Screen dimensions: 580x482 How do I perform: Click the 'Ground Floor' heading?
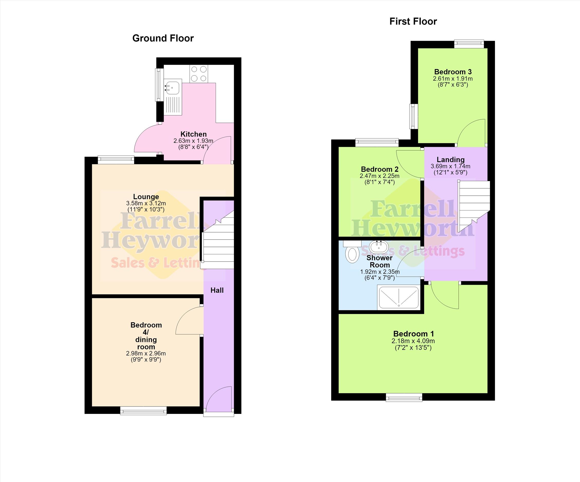click(x=163, y=38)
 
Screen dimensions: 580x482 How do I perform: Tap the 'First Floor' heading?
click(x=413, y=22)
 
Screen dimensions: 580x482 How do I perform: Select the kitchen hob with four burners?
click(x=199, y=73)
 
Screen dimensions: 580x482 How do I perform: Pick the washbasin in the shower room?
click(x=379, y=246)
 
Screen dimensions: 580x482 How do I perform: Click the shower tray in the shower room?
click(x=399, y=297)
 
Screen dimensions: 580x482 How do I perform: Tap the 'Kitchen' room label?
click(x=193, y=134)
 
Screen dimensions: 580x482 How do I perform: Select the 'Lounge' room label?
click(x=146, y=197)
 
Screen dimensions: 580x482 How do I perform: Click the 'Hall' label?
click(x=217, y=290)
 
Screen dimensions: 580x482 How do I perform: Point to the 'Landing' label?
click(x=450, y=160)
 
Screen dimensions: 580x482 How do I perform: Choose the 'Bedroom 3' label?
click(x=453, y=72)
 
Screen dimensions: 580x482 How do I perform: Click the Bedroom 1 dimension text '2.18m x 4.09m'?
click(x=413, y=341)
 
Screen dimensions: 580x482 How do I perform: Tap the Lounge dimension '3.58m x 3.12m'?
click(x=146, y=203)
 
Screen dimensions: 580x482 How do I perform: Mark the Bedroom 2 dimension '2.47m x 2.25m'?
click(x=379, y=176)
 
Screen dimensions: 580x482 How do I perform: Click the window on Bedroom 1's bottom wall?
click(x=404, y=397)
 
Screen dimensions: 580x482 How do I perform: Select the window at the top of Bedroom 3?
click(x=469, y=44)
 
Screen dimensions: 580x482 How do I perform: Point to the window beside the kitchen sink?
click(x=159, y=85)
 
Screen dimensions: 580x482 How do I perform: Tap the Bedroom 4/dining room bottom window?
click(x=143, y=411)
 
